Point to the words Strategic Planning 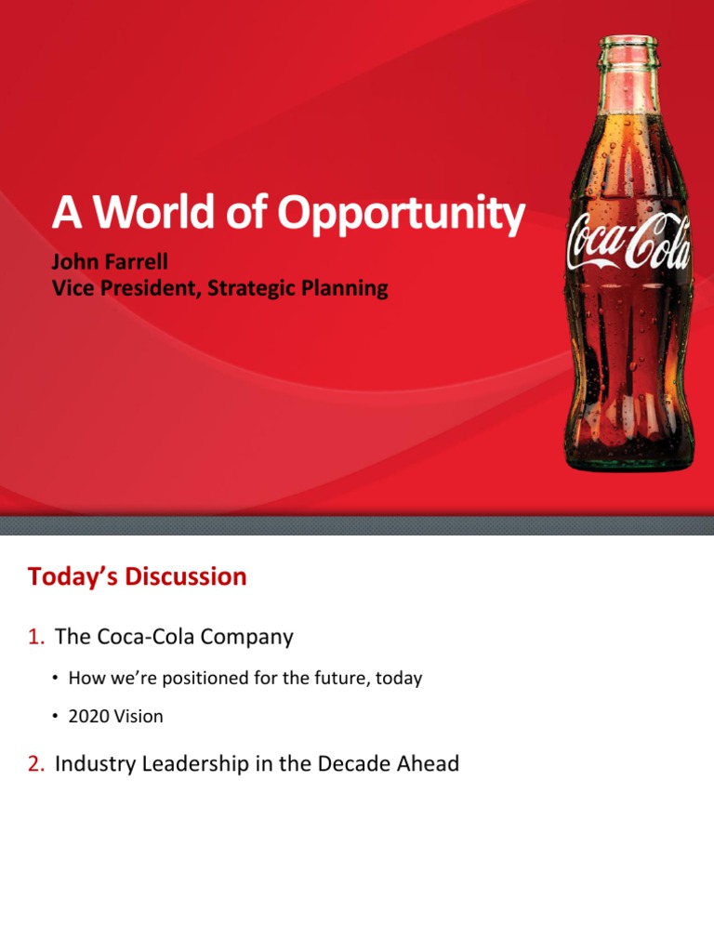(297, 288)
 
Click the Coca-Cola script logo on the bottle (628, 244)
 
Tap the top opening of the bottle (628, 42)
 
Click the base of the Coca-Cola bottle (628, 457)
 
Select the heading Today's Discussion (138, 576)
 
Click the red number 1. (35, 638)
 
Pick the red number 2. (35, 765)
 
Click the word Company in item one (249, 638)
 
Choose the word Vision (138, 717)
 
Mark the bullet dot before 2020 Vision (57, 717)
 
